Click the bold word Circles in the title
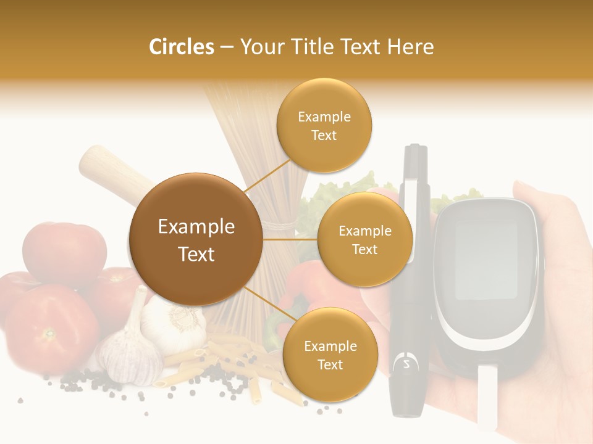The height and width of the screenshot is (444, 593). (182, 47)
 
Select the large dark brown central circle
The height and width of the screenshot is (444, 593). (196, 239)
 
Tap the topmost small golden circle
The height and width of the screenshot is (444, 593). (324, 126)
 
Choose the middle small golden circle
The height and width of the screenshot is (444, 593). (364, 239)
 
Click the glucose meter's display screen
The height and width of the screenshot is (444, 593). (486, 258)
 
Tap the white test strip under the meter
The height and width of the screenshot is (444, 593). (488, 395)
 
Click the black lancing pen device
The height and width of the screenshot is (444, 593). (411, 277)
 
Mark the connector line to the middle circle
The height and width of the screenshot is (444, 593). (290, 239)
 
